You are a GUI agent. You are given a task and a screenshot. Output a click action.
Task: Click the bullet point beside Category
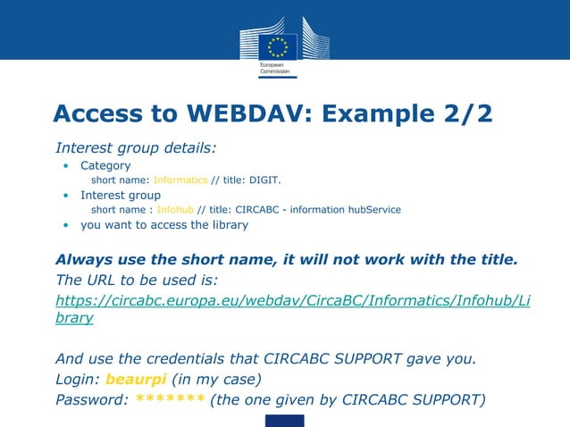[x=66, y=166]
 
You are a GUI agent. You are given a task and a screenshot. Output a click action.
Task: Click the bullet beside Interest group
[x=66, y=196]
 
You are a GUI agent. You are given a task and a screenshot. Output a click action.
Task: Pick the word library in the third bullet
[x=231, y=224]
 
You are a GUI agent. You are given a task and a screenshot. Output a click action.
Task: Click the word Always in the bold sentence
[x=84, y=260]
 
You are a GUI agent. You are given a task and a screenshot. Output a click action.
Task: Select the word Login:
[x=78, y=379]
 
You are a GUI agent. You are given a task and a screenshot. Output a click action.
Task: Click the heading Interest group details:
[x=136, y=147]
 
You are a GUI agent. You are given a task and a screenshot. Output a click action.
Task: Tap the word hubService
[x=371, y=209]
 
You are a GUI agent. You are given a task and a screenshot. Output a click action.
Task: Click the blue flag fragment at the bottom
[x=284, y=420]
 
